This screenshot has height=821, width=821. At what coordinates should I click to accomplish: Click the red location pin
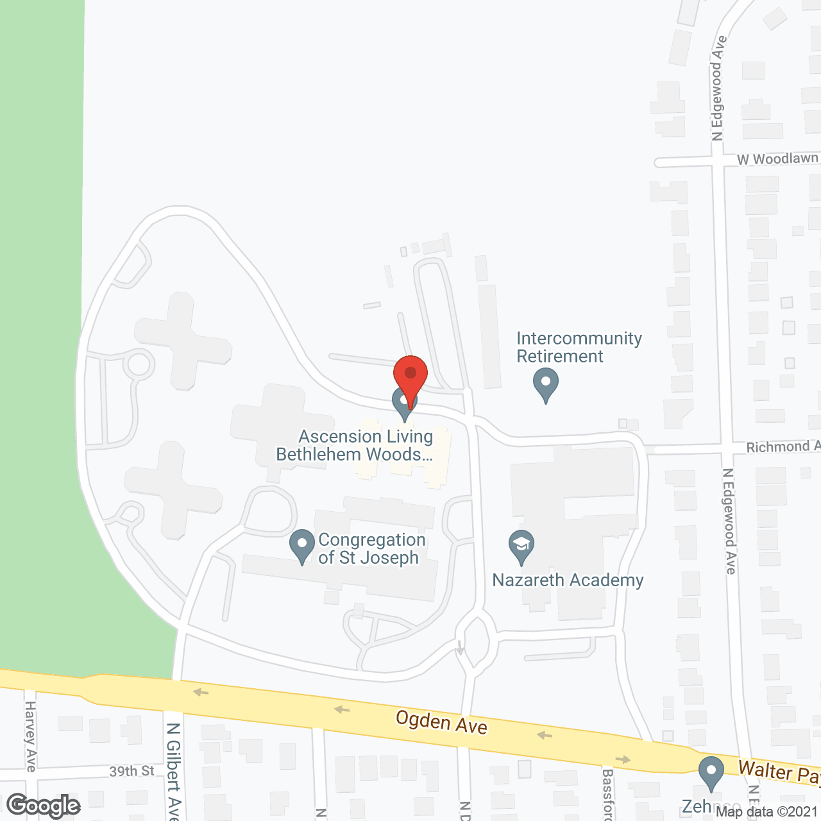(410, 375)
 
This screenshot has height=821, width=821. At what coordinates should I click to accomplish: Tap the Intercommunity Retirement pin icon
(546, 384)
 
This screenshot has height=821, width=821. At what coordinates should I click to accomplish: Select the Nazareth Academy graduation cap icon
(521, 546)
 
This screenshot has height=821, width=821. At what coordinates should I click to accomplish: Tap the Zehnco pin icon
(711, 772)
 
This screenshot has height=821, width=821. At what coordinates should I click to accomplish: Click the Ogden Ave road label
(441, 722)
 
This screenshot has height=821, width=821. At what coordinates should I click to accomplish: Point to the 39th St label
(131, 771)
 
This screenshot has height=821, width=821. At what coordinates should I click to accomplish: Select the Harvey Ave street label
(30, 736)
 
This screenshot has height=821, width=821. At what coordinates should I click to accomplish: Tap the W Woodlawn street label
(777, 158)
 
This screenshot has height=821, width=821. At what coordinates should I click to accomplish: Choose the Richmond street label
(783, 446)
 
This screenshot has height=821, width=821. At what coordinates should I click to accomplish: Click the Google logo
(43, 806)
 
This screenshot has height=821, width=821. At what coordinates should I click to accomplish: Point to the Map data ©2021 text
(766, 812)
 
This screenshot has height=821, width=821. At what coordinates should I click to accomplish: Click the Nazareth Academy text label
(568, 580)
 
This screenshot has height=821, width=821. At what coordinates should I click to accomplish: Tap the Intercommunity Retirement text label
(579, 347)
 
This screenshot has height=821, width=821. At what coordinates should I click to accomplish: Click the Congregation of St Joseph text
(371, 548)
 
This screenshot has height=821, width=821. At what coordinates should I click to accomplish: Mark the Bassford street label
(608, 793)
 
